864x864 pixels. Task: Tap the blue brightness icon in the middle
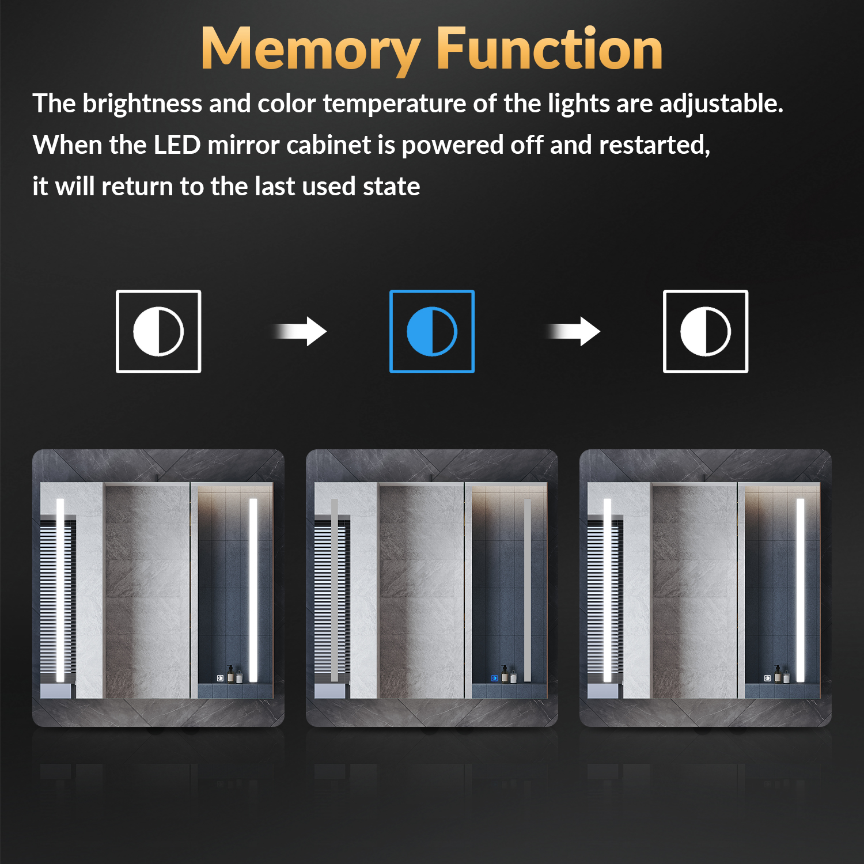(432, 331)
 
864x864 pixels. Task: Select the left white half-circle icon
(158, 331)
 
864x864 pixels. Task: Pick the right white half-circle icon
(706, 331)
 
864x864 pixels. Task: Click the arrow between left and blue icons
(300, 331)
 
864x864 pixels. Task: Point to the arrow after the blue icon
(574, 331)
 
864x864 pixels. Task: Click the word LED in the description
(177, 145)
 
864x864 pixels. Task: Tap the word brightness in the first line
(142, 104)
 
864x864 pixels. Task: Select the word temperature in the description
(395, 104)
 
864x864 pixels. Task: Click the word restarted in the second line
(654, 145)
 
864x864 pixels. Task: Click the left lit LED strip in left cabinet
(60, 590)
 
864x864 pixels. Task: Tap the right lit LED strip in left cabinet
(253, 590)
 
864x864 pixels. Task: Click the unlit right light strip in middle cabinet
(527, 590)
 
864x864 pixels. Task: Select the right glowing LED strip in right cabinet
(800, 590)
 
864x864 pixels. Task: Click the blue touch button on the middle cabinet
(494, 678)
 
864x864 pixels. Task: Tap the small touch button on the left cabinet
(221, 678)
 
